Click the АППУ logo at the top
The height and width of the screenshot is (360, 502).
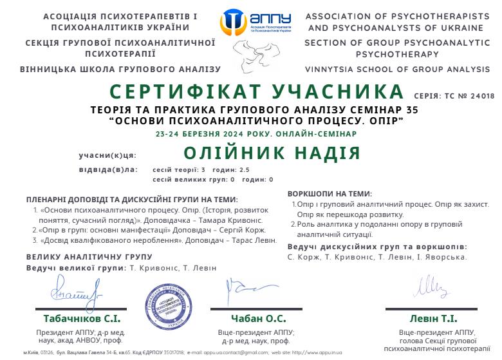(x=256, y=23)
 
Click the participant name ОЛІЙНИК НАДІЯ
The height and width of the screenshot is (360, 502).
(x=272, y=153)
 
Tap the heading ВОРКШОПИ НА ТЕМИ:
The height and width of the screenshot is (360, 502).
(x=330, y=193)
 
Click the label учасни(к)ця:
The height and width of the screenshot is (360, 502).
(x=107, y=155)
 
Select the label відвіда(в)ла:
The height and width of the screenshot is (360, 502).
(x=108, y=170)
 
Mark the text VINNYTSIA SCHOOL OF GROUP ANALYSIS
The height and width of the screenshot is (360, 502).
(x=397, y=69)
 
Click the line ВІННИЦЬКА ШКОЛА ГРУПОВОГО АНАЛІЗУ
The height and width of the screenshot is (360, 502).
(x=120, y=69)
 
